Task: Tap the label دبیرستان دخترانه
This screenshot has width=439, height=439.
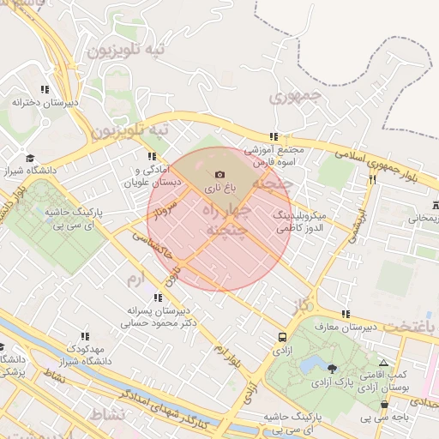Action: (x=45, y=102)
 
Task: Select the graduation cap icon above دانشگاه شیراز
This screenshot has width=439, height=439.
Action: (x=30, y=158)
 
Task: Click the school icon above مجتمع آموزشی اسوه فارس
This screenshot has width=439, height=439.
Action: (x=274, y=136)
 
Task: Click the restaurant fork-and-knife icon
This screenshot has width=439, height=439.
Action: (x=372, y=180)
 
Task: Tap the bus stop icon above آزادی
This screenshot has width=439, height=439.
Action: (x=282, y=337)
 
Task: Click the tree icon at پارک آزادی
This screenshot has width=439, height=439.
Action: (x=331, y=369)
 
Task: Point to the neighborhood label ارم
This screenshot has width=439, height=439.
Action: (x=137, y=280)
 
